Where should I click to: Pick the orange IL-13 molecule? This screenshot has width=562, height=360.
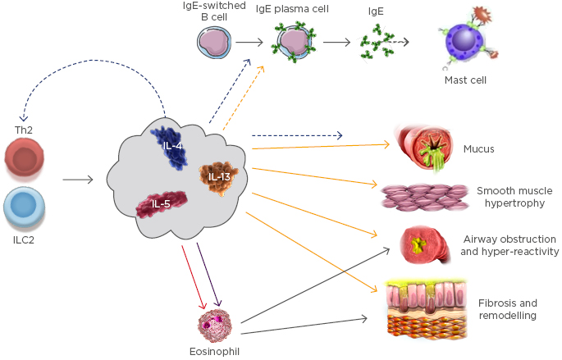pos(219,177)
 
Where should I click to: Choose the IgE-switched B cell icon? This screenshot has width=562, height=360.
pos(217,43)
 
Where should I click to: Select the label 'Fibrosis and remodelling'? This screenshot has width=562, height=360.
pos(507,308)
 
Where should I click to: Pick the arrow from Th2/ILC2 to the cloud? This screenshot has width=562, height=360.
pos(78,177)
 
